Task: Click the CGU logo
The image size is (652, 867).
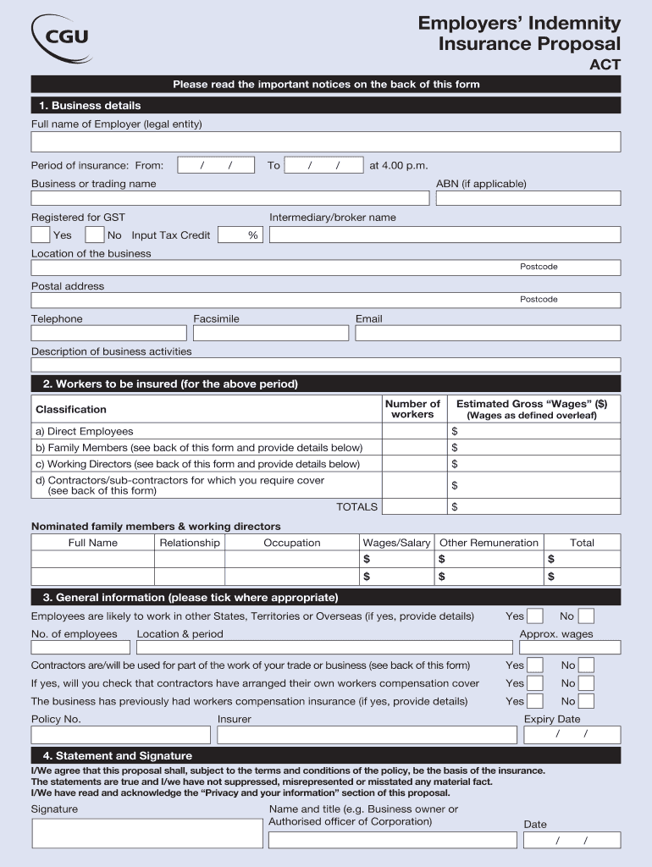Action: [x=61, y=37]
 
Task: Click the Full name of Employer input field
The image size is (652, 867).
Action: [x=326, y=141]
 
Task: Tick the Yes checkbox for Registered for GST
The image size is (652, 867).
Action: [x=41, y=235]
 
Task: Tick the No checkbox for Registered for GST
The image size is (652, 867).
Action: [x=95, y=235]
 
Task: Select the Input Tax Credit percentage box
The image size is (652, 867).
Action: [x=240, y=235]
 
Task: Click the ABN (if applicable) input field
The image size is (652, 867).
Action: [x=528, y=198]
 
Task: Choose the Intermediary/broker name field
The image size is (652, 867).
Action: [x=445, y=235]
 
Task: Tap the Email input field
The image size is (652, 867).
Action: [x=488, y=334]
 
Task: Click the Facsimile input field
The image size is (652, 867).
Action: [x=270, y=334]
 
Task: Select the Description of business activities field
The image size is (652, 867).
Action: [x=326, y=365]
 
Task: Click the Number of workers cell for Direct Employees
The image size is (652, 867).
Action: [x=414, y=431]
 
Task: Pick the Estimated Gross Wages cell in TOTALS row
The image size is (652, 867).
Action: [x=533, y=507]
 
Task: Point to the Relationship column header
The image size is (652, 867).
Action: [x=190, y=543]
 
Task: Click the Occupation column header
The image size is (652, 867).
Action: [x=291, y=543]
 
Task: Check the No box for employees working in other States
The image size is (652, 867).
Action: [x=586, y=616]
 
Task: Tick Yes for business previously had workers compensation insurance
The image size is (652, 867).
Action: [x=535, y=701]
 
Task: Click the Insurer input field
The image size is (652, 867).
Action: [x=367, y=735]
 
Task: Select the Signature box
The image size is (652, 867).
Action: [x=146, y=833]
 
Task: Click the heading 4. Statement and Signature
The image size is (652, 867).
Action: [x=118, y=755]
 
